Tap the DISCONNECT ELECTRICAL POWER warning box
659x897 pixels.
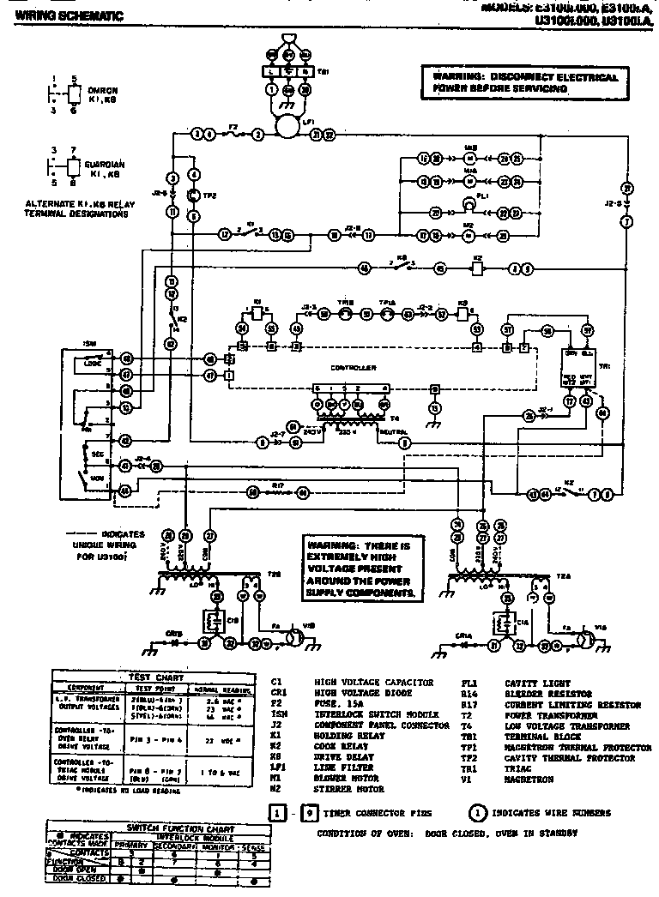click(524, 83)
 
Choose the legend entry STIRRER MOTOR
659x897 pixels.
click(348, 789)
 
